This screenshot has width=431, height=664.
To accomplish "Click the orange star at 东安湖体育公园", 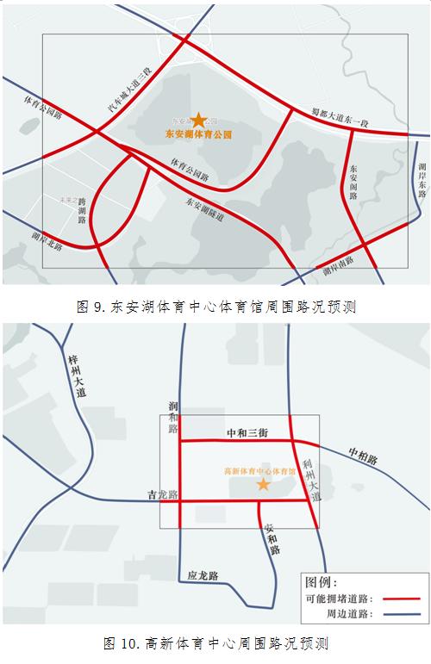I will click(199, 121).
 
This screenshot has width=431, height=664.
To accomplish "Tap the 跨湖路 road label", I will click(82, 209).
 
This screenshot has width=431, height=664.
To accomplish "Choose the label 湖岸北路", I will click(47, 239).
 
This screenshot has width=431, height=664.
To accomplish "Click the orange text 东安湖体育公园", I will click(199, 135).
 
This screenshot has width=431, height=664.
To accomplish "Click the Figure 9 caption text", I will click(215, 306).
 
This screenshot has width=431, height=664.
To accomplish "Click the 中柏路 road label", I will click(363, 456).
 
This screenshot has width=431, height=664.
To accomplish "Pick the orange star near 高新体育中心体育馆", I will click(263, 485).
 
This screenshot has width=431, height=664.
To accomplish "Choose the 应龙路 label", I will click(203, 574).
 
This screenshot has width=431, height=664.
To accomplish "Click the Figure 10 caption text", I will click(215, 643).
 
